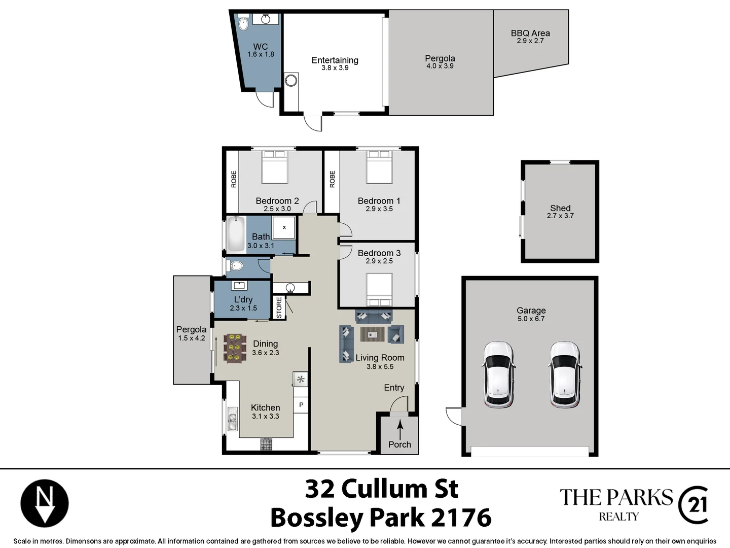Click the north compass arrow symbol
point(45,503)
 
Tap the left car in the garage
point(498,374)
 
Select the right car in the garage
point(565,374)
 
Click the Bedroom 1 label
point(379,201)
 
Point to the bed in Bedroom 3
point(379,289)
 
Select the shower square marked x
point(284,227)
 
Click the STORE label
point(279,307)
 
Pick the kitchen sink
point(233,419)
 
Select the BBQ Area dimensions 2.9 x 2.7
point(530,41)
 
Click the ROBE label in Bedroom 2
point(234,179)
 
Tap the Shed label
point(560,208)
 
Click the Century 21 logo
point(693,504)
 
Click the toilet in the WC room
point(243,23)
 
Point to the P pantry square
point(301,405)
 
